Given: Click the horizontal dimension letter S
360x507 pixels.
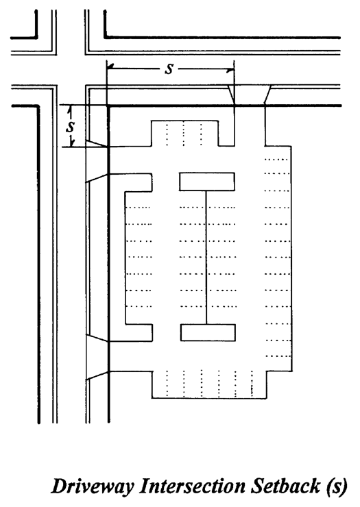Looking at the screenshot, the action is (169, 69).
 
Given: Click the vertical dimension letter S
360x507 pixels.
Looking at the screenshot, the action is (70, 127).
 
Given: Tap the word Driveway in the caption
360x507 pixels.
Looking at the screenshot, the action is (93, 486).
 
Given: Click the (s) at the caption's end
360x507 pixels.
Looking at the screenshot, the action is (337, 486).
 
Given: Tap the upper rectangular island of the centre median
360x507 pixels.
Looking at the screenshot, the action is (207, 182).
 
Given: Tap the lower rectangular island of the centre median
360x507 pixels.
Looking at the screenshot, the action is (208, 332).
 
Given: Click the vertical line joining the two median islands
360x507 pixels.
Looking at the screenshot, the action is (206, 258).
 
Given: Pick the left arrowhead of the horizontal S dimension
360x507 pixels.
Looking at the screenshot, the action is (110, 67).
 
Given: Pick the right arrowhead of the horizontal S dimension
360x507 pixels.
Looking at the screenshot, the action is (230, 69).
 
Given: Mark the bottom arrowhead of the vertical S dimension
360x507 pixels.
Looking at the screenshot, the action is (73, 143).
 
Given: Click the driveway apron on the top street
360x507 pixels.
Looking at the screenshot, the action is (250, 95).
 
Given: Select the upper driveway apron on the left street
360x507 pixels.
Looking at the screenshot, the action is (97, 161).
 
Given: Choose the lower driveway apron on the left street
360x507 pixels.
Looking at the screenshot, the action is (97, 356).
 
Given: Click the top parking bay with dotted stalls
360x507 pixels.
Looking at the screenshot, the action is (184, 133).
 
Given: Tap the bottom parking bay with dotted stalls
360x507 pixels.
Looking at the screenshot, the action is (209, 384).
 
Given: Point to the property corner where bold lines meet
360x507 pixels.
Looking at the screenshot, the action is (108, 106).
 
